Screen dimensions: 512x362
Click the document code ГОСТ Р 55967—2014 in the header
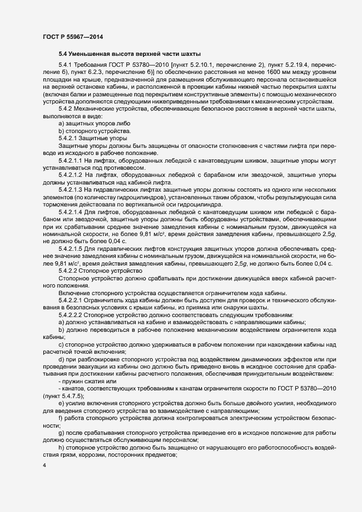[72, 37]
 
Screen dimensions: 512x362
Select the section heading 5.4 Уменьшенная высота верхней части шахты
[130, 54]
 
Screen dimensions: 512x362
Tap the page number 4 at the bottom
[44, 465]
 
